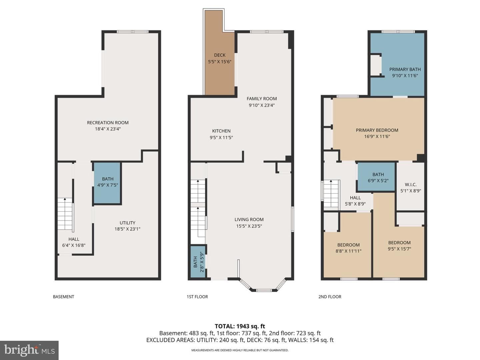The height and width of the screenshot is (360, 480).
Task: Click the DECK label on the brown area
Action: (x=220, y=55)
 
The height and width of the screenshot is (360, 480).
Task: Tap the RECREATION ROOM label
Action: (x=108, y=123)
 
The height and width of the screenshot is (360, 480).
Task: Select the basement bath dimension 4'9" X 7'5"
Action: (x=108, y=185)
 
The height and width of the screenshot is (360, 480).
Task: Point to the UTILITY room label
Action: (x=127, y=223)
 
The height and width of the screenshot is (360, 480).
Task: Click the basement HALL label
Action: (x=74, y=239)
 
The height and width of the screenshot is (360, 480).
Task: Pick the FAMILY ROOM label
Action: (x=262, y=99)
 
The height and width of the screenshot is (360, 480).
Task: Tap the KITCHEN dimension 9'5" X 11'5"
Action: (x=221, y=137)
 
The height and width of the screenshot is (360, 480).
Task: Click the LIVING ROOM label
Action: (x=249, y=219)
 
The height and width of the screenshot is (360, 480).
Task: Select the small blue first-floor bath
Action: (x=198, y=262)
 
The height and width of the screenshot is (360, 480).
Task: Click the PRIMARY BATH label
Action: (x=405, y=69)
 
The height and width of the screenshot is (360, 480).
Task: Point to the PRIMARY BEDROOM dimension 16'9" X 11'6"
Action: (x=377, y=136)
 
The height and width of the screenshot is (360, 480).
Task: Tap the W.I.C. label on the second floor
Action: (x=410, y=184)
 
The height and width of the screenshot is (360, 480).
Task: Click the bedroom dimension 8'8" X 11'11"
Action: (x=348, y=251)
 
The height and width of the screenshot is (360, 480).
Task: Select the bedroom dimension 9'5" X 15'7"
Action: (x=399, y=249)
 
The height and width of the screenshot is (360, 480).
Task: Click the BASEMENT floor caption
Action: (x=63, y=297)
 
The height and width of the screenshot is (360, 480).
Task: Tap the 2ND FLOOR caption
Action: (x=330, y=297)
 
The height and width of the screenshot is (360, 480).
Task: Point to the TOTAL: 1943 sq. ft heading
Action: (x=240, y=326)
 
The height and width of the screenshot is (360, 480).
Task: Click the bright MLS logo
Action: (x=29, y=350)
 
